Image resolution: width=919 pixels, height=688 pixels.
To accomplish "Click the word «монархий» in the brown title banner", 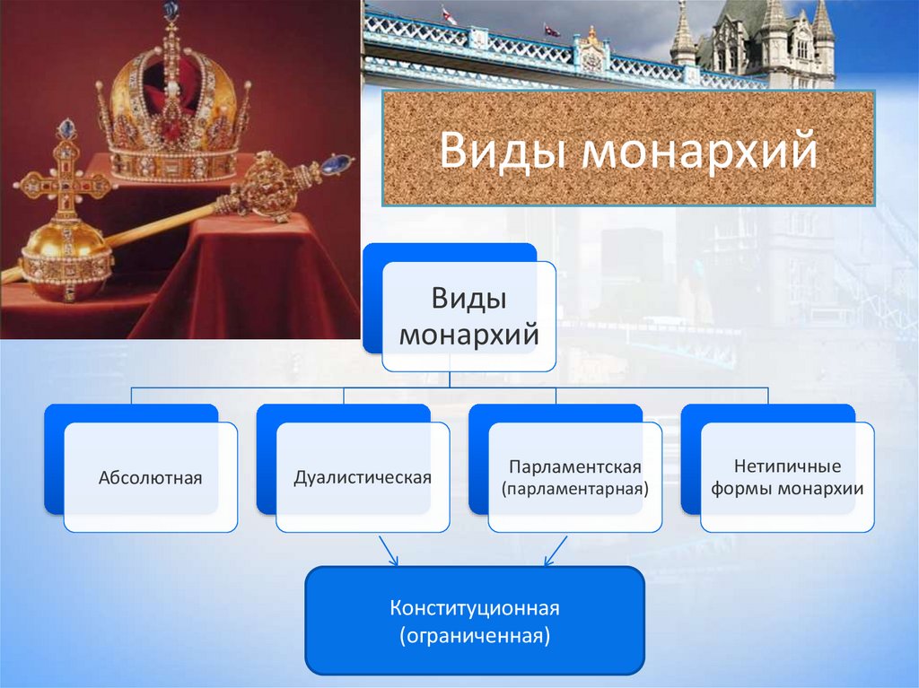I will click(x=700, y=150).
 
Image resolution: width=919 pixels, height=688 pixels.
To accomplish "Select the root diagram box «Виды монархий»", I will click(x=468, y=317).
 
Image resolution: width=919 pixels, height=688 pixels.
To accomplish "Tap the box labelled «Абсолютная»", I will click(x=150, y=477).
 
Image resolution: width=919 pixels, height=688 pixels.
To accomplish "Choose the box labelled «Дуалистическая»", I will click(x=363, y=477).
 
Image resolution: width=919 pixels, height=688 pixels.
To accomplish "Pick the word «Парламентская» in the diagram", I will click(x=575, y=467).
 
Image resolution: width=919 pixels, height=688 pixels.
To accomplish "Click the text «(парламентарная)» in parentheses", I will click(x=575, y=490).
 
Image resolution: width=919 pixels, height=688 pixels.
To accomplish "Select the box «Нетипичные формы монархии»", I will click(x=787, y=477).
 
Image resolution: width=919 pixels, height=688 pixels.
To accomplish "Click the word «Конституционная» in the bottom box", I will click(x=475, y=609).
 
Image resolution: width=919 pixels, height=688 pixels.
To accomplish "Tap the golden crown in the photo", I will click(x=171, y=108).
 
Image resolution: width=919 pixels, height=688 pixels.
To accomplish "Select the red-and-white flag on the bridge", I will click(x=449, y=17).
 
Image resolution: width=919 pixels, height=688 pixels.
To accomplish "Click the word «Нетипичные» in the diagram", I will click(x=787, y=467).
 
